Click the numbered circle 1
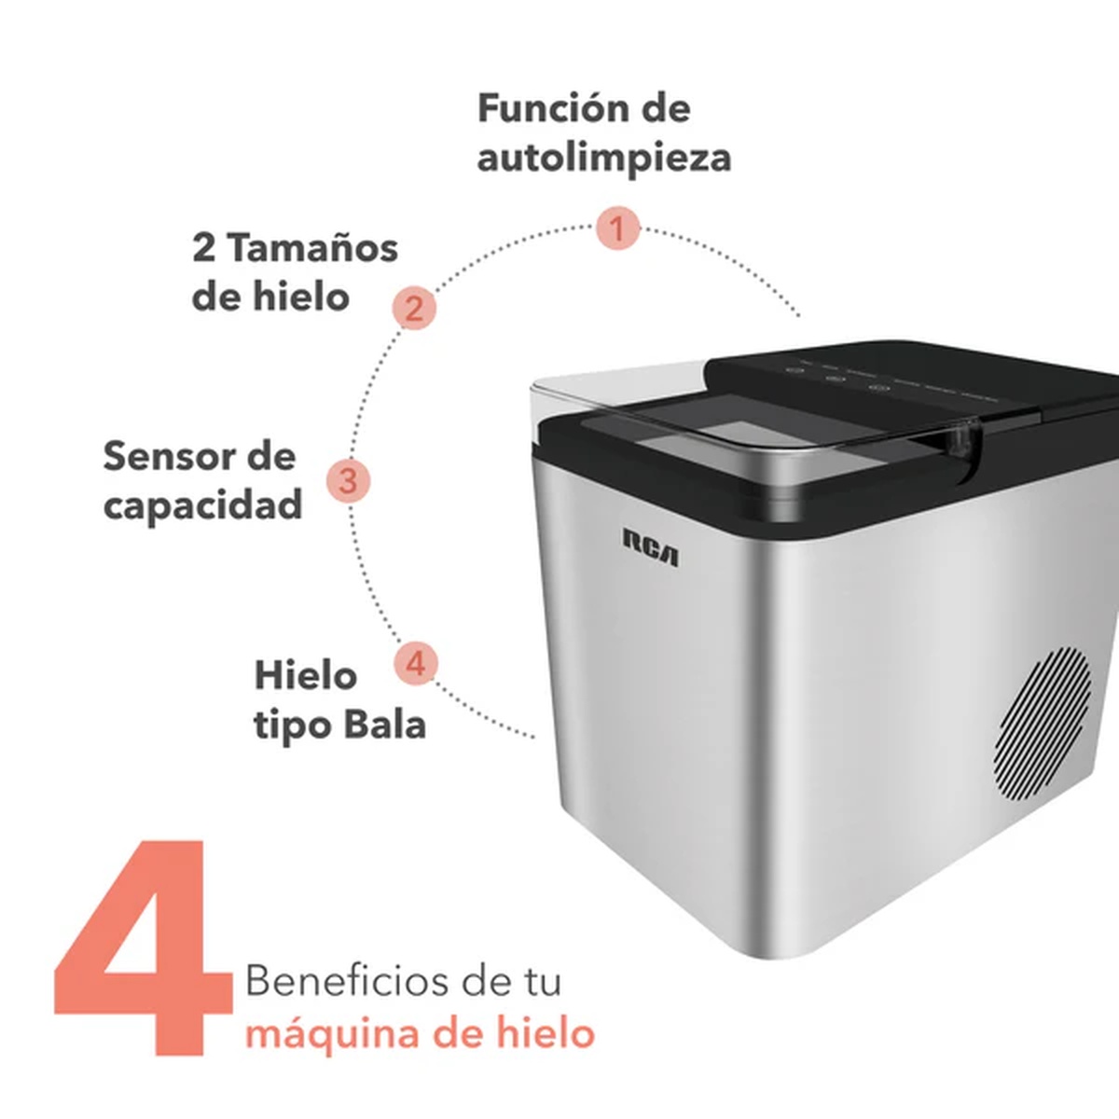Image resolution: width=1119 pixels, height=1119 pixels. pyautogui.click(x=618, y=228)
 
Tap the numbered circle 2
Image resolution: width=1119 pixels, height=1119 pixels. pyautogui.click(x=413, y=308)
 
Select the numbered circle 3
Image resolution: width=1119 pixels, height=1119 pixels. pyautogui.click(x=349, y=481)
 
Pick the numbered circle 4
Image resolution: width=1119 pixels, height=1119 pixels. pyautogui.click(x=416, y=663)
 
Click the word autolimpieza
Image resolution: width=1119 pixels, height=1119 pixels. pyautogui.click(x=604, y=158)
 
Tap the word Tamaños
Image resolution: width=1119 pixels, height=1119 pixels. pyautogui.click(x=312, y=248)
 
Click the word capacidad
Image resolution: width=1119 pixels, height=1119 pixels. pyautogui.click(x=203, y=506)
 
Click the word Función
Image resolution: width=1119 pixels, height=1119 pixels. pyautogui.click(x=540, y=108)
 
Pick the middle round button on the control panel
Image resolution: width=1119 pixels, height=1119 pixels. pyautogui.click(x=836, y=380)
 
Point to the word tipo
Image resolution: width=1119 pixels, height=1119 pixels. pyautogui.click(x=292, y=726)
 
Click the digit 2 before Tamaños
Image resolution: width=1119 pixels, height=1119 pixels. pyautogui.click(x=204, y=248)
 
